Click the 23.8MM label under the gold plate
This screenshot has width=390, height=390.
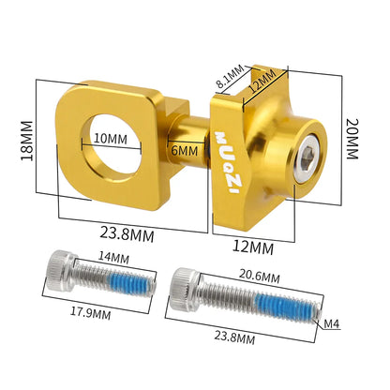(127, 237)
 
